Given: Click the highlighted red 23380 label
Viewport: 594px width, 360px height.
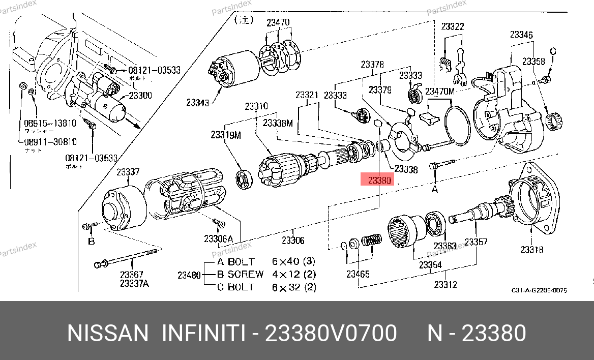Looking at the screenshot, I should (379, 180).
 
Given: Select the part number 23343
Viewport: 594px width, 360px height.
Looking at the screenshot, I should (197, 103).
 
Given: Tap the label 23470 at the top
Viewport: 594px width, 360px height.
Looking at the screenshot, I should (278, 22).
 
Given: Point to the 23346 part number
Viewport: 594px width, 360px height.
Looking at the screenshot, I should (521, 35).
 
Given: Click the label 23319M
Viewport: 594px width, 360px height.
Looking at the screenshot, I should (226, 135).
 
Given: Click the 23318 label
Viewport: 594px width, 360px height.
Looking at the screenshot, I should (531, 249).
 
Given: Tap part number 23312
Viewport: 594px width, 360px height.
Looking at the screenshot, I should (445, 285).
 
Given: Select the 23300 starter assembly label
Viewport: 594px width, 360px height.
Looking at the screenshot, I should (140, 95).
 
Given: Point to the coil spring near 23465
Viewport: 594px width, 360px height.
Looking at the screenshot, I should (372, 241).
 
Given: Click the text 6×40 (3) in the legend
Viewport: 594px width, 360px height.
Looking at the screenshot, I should (293, 262).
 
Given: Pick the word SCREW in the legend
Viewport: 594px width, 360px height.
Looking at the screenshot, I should (246, 274).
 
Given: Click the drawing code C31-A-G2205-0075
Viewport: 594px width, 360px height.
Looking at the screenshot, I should (539, 290).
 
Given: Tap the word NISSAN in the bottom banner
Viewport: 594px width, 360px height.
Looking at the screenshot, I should (107, 334).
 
